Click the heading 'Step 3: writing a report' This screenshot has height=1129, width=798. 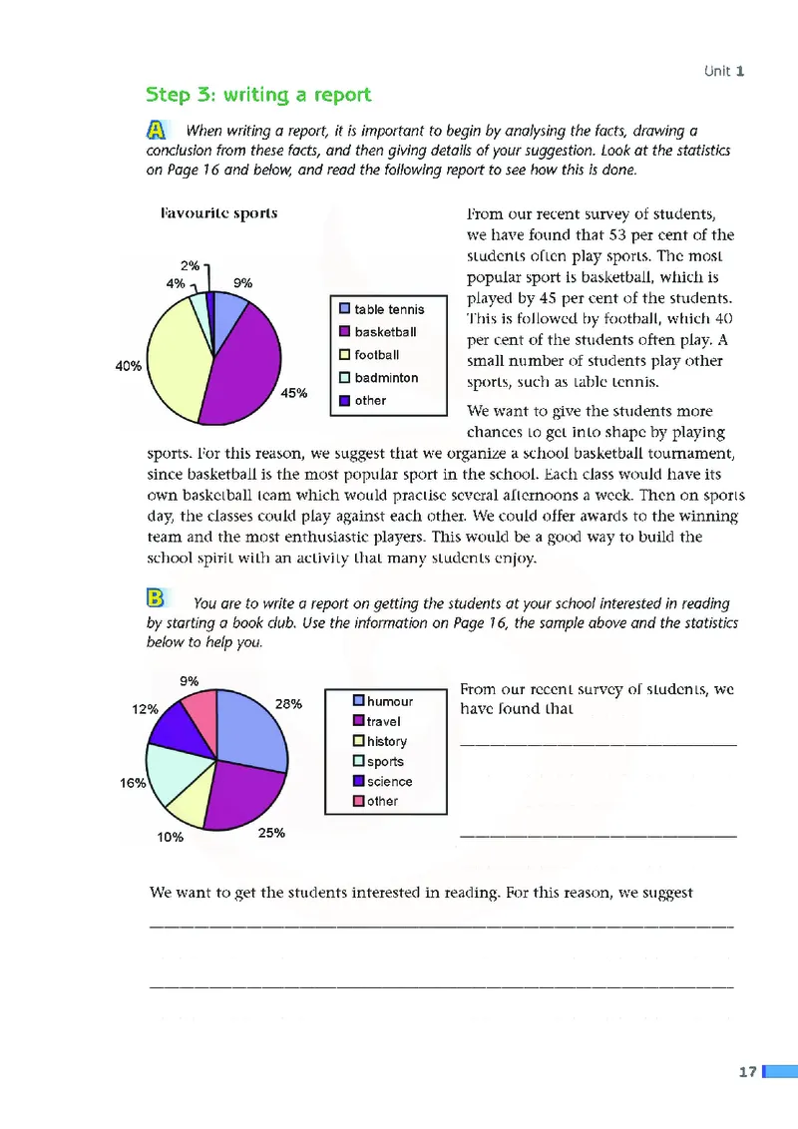tap(258, 95)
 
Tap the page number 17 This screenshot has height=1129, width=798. tap(747, 1072)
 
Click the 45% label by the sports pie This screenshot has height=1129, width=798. tap(294, 393)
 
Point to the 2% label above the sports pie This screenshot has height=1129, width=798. tap(190, 265)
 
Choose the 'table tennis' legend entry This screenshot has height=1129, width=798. tap(388, 309)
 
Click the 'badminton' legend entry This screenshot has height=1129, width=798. tap(385, 378)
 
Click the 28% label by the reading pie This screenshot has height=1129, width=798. tap(288, 704)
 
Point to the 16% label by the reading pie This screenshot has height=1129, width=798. tap(134, 783)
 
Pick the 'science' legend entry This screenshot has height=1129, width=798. tap(388, 782)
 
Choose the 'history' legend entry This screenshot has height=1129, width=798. tap(386, 741)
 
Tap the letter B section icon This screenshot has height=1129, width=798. tap(156, 598)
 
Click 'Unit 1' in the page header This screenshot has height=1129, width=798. tap(724, 71)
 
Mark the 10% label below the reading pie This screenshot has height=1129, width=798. tap(171, 838)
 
